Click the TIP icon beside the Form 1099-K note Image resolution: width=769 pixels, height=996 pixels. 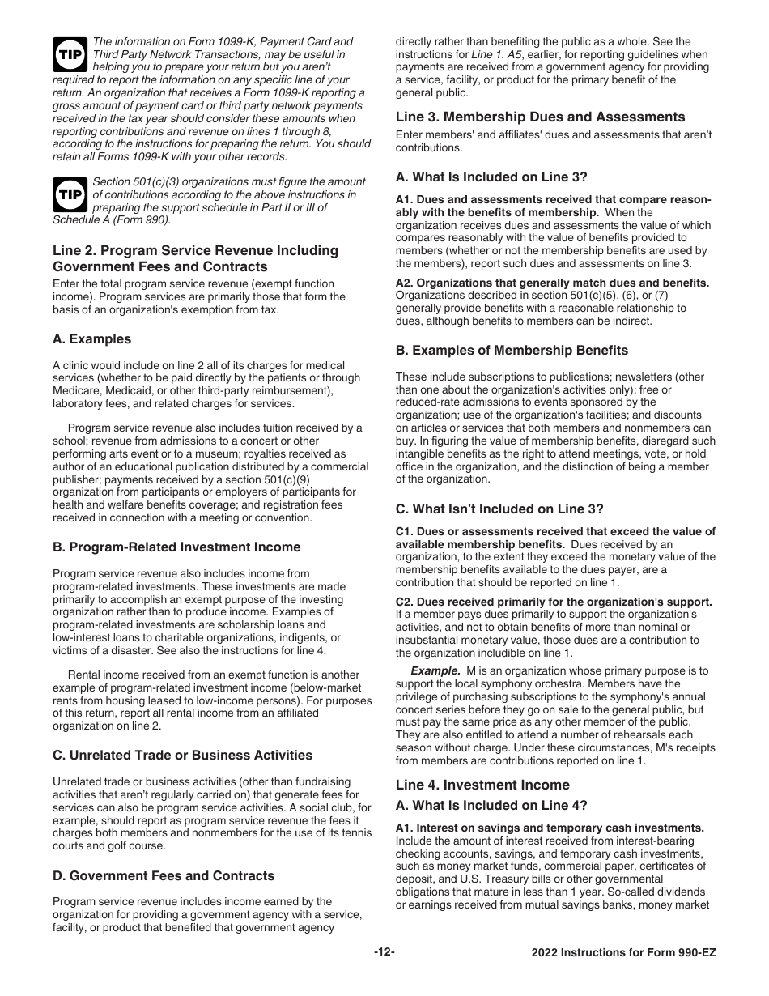[x=66, y=53]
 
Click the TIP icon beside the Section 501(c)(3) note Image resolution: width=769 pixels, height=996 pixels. [x=66, y=194]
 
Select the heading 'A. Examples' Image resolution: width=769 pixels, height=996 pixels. [x=91, y=339]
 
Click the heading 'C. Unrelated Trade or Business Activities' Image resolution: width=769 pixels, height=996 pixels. [x=182, y=756]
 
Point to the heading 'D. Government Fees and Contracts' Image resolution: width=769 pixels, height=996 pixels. [x=164, y=876]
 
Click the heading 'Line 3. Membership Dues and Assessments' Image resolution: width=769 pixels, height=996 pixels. [x=540, y=117]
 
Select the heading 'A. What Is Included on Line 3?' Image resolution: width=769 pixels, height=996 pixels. [x=491, y=177]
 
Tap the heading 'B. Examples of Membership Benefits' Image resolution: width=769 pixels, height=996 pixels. [x=512, y=351]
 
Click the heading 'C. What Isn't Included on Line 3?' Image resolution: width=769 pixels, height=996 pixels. [x=499, y=509]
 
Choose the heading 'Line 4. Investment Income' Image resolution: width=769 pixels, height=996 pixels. [x=482, y=785]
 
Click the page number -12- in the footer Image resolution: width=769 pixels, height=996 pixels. [x=384, y=952]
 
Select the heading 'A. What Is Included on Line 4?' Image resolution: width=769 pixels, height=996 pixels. [x=491, y=805]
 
